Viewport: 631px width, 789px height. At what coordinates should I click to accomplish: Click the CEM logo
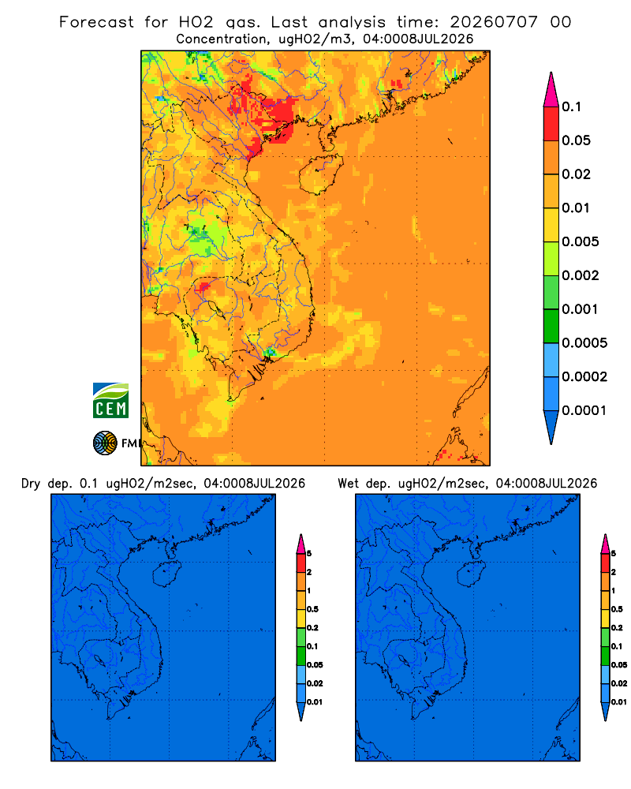110,401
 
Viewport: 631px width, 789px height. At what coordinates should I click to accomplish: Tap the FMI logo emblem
105,443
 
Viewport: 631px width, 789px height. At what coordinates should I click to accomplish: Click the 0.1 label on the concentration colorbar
571,107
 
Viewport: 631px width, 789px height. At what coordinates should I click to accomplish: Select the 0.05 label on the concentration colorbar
576,140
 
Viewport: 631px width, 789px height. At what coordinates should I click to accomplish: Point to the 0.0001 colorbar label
584,410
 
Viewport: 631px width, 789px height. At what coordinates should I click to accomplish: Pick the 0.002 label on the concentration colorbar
581,275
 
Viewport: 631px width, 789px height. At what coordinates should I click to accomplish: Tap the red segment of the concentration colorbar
551,123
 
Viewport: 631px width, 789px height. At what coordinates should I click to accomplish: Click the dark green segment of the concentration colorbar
551,326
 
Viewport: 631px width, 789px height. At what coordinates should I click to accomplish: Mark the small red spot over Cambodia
203,287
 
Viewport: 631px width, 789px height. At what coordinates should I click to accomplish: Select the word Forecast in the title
96,22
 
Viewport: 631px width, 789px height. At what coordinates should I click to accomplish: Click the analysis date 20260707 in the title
494,22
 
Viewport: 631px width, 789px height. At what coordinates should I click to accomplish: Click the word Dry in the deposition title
31,484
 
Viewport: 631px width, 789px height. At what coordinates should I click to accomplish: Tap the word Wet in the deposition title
348,484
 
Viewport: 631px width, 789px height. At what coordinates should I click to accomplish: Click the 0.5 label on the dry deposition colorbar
312,609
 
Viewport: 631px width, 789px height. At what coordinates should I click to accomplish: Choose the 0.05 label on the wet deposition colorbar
619,664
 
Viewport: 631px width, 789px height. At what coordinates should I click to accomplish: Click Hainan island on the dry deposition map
166,574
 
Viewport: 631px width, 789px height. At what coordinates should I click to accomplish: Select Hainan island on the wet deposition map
472,574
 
